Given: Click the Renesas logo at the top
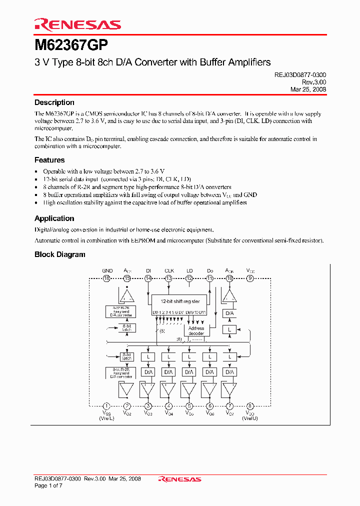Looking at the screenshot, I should pyautogui.click(x=77, y=24).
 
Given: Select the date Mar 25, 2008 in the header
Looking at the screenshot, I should pyautogui.click(x=308, y=89).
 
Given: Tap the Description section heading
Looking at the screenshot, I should pyautogui.click(x=54, y=102).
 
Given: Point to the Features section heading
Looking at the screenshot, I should pyautogui.click(x=49, y=160).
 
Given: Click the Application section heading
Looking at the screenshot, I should pyautogui.click(x=54, y=218).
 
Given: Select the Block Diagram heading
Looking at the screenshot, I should pyautogui.click(x=59, y=254).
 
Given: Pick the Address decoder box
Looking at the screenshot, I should pyautogui.click(x=196, y=330).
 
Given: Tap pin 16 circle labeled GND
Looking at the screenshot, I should pyautogui.click(x=107, y=278).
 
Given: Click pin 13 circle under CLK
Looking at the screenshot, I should pyautogui.click(x=169, y=278).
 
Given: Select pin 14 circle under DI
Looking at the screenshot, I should pyautogui.click(x=148, y=278).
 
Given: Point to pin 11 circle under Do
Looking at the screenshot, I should pyautogui.click(x=210, y=278).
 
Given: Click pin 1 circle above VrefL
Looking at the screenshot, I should pyautogui.click(x=106, y=406).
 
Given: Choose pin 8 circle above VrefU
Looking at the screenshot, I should pyautogui.click(x=250, y=406).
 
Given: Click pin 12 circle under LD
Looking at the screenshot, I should pyautogui.click(x=189, y=278).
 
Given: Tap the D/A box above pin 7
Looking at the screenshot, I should pyautogui.click(x=229, y=372).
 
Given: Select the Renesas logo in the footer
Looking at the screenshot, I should pyautogui.click(x=179, y=479).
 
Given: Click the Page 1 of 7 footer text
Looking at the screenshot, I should pyautogui.click(x=48, y=485).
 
